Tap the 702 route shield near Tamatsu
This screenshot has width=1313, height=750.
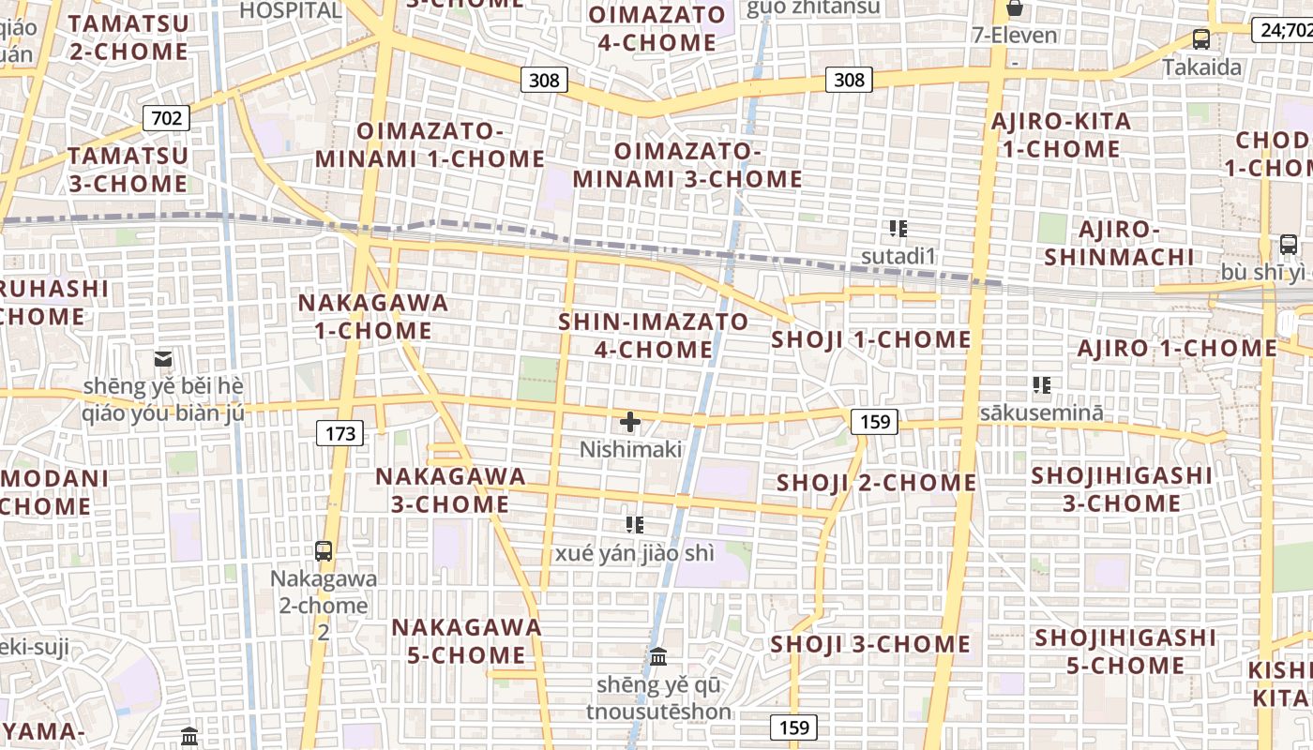tap(166, 118)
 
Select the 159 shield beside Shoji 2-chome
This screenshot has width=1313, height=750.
tap(874, 422)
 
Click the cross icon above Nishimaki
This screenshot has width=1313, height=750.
tap(630, 422)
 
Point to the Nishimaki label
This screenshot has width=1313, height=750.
tap(630, 449)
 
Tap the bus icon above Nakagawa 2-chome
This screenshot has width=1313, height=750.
tap(324, 551)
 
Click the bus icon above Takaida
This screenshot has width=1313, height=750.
tap(1200, 39)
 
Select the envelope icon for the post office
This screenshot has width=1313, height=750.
tap(163, 358)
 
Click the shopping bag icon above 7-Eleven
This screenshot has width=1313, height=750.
tap(1014, 8)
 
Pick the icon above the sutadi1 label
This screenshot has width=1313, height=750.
tap(898, 228)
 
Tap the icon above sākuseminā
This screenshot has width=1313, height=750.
tap(1041, 384)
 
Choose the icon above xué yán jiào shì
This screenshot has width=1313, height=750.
tap(635, 525)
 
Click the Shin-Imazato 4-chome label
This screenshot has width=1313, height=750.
tap(654, 336)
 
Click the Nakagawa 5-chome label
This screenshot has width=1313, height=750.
tap(466, 640)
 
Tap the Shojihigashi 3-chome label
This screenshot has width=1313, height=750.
tap(1122, 489)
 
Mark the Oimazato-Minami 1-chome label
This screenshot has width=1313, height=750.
tap(430, 144)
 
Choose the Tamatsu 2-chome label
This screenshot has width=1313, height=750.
tap(128, 37)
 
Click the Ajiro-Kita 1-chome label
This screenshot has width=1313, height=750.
tap(1061, 135)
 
